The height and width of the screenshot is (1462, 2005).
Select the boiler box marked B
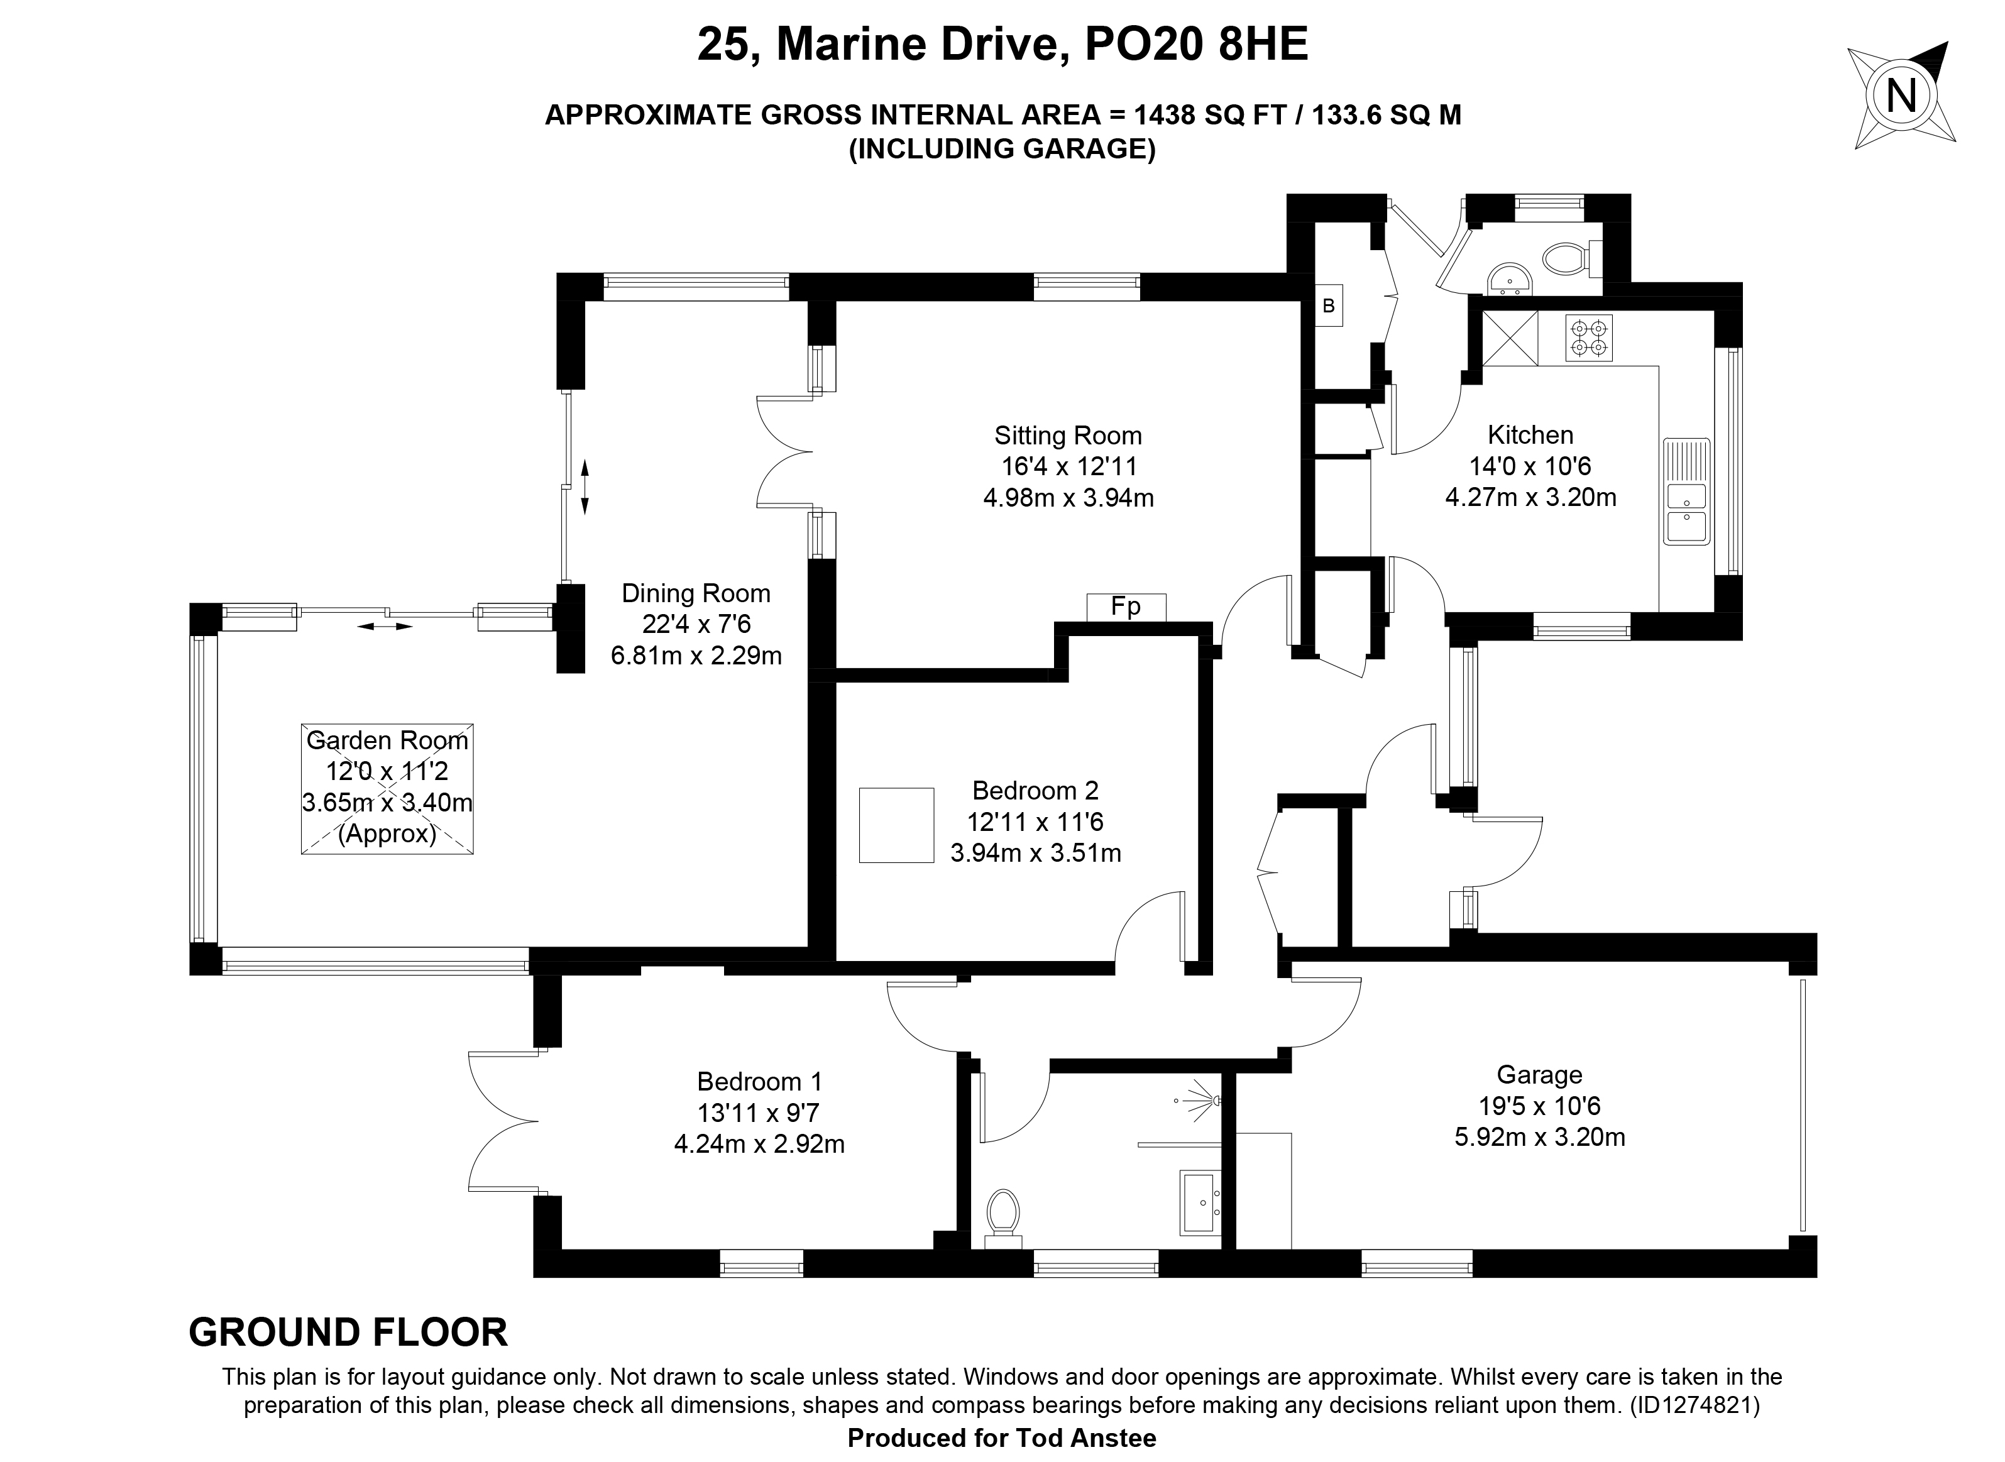click(1328, 306)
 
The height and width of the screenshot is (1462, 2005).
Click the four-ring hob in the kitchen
click(1589, 338)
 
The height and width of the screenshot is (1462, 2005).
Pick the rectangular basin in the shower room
click(1200, 1202)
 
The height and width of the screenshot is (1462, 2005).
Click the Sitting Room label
click(1068, 436)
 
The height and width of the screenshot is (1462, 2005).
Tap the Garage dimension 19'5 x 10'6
click(1540, 1106)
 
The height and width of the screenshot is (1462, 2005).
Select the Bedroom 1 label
click(760, 1082)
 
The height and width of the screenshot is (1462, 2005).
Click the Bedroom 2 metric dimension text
click(1036, 853)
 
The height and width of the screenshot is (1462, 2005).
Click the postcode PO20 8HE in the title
click(1196, 44)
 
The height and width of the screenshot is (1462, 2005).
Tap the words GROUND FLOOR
click(349, 1333)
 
